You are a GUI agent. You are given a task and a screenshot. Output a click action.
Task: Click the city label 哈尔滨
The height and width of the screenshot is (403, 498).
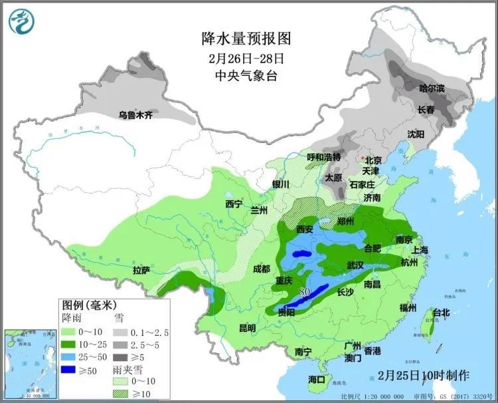click(x=432, y=88)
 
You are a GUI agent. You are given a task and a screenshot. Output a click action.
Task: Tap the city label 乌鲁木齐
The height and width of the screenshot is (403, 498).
click(x=135, y=114)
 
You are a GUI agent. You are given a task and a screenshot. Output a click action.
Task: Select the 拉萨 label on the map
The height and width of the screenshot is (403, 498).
click(x=141, y=271)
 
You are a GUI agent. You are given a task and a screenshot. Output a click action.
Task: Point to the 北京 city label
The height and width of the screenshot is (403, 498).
click(x=374, y=160)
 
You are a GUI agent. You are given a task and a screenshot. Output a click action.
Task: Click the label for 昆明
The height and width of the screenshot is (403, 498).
click(x=246, y=328)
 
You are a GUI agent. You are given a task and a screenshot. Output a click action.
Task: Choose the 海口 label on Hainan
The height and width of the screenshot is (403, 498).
click(x=317, y=379)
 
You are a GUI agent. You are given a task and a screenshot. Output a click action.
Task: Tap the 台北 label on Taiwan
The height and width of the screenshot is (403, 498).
click(x=441, y=312)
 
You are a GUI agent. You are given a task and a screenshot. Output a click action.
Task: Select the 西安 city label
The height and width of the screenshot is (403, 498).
click(x=304, y=229)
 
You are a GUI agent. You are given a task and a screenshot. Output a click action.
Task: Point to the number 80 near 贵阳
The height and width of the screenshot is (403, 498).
click(x=305, y=291)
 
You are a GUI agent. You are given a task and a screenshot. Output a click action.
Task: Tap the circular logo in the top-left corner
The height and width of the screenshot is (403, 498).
click(x=21, y=21)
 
